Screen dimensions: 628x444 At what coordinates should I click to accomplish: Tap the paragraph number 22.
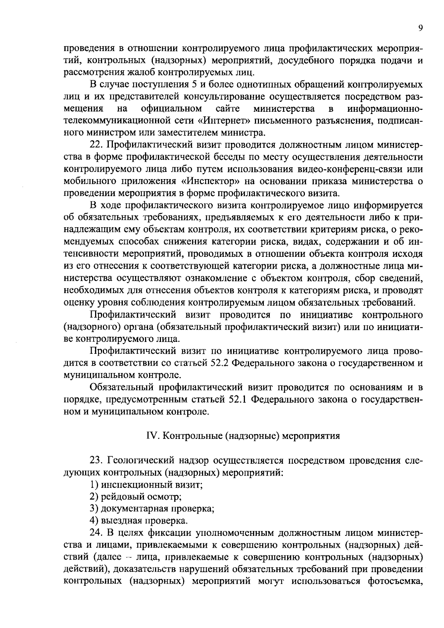97,145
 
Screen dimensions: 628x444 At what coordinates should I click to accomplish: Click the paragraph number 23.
97,460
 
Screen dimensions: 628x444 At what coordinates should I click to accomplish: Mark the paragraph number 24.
97,533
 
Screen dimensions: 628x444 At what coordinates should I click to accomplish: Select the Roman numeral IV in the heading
152,436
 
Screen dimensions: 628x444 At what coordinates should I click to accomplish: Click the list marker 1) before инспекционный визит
94,484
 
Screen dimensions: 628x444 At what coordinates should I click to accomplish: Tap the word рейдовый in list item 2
120,497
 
